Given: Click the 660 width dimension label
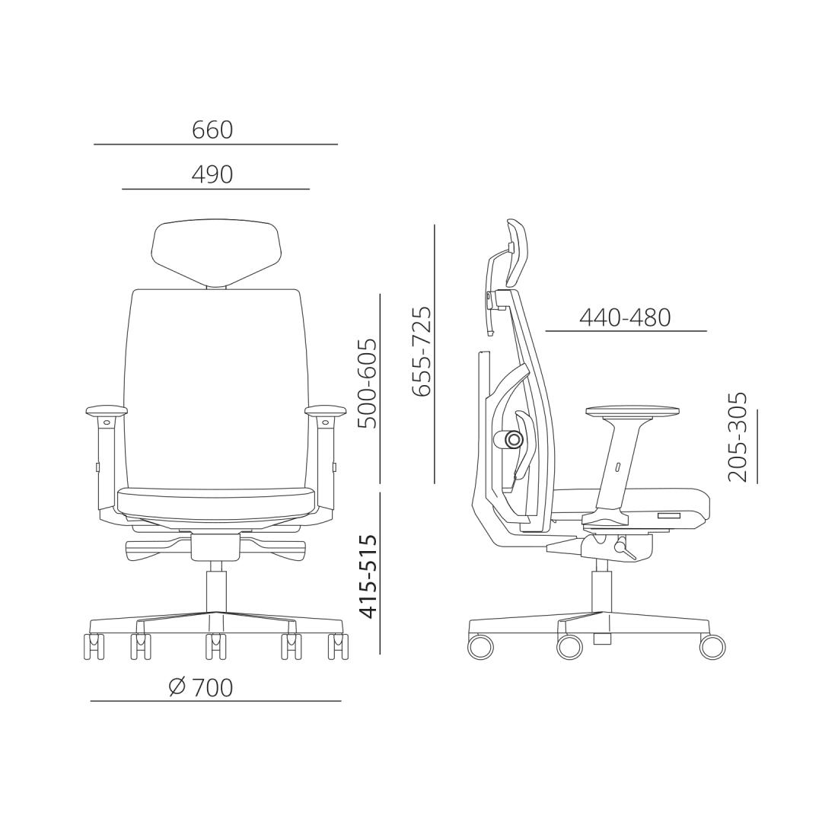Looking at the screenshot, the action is [212, 130].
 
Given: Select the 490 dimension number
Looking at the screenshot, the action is [212, 174].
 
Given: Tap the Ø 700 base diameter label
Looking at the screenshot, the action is [201, 687].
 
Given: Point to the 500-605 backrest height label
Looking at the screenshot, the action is [367, 384].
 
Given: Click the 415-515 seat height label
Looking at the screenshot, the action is [367, 577].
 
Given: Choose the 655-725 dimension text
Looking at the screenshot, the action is [422, 351].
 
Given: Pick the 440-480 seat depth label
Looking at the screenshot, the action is [625, 317].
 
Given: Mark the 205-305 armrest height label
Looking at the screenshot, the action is [737, 437].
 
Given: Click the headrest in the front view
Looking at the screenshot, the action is [216, 253].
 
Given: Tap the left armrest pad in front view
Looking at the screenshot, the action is [107, 409].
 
